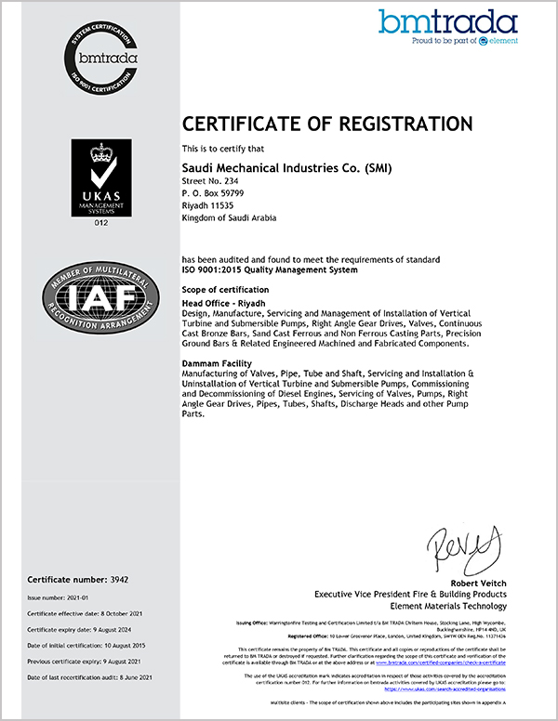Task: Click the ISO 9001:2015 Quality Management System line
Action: tap(269, 269)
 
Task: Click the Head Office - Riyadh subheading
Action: tap(222, 303)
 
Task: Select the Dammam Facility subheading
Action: tap(219, 363)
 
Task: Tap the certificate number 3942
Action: tap(116, 579)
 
